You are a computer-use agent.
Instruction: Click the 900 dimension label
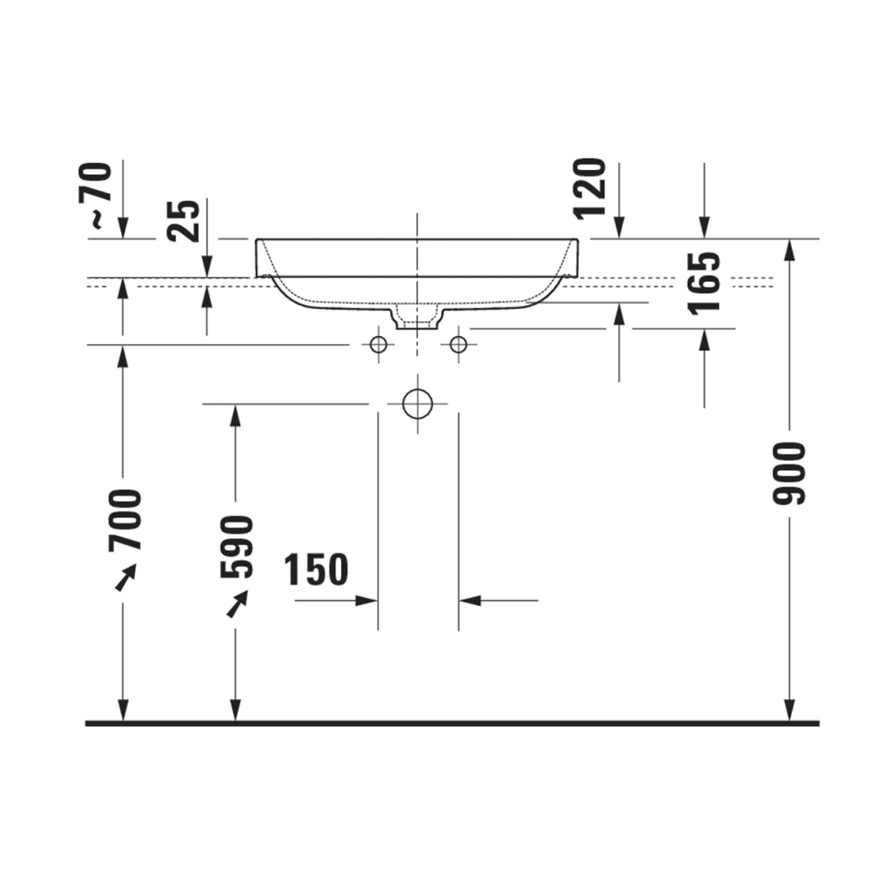tap(790, 473)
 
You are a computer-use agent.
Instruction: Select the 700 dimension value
tap(125, 520)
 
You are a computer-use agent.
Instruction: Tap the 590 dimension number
tap(236, 547)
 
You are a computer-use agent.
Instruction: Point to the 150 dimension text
tap(316, 569)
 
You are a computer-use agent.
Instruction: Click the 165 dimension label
tap(704, 283)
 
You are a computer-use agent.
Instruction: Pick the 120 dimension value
tap(589, 189)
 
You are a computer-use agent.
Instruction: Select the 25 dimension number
tap(184, 221)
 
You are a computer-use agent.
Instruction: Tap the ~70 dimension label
tap(94, 195)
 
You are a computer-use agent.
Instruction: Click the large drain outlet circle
tap(418, 405)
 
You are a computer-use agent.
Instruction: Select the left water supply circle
tap(379, 344)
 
